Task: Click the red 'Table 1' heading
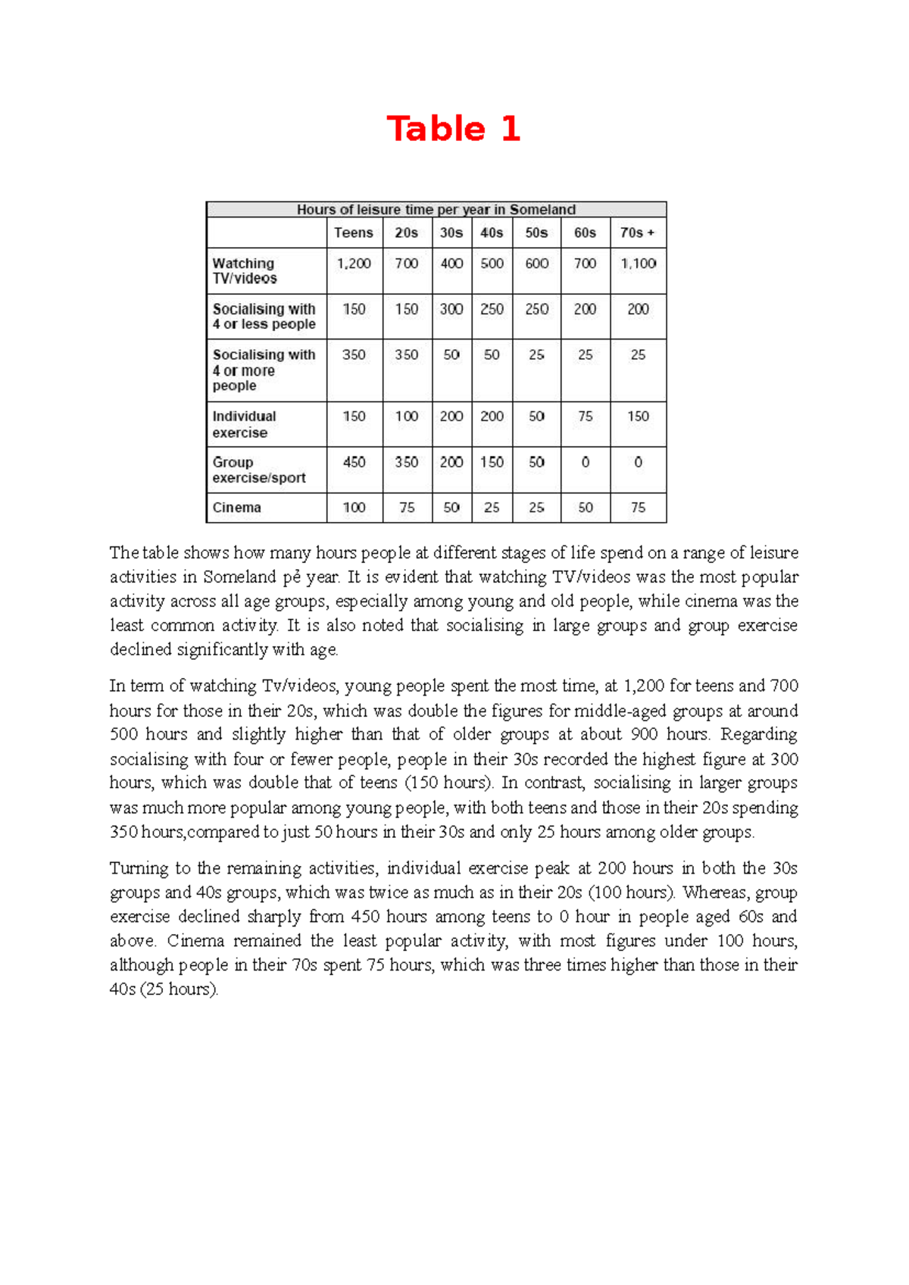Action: tap(453, 129)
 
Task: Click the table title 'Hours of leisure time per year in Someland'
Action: tap(436, 210)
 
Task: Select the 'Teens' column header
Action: tap(354, 233)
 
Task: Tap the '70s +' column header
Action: tap(637, 233)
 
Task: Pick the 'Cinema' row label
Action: tap(236, 508)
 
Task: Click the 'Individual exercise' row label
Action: tap(244, 424)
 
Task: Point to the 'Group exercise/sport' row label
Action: tap(258, 470)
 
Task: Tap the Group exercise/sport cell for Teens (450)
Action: tap(354, 462)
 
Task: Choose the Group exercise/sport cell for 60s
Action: tap(585, 462)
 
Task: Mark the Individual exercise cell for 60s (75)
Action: tap(585, 417)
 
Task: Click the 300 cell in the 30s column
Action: tap(451, 309)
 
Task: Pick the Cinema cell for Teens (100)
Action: tap(354, 508)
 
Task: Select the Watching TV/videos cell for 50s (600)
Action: tap(536, 264)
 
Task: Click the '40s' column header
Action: tap(492, 233)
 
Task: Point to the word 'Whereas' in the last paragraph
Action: tap(712, 893)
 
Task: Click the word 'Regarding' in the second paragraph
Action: tap(758, 735)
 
